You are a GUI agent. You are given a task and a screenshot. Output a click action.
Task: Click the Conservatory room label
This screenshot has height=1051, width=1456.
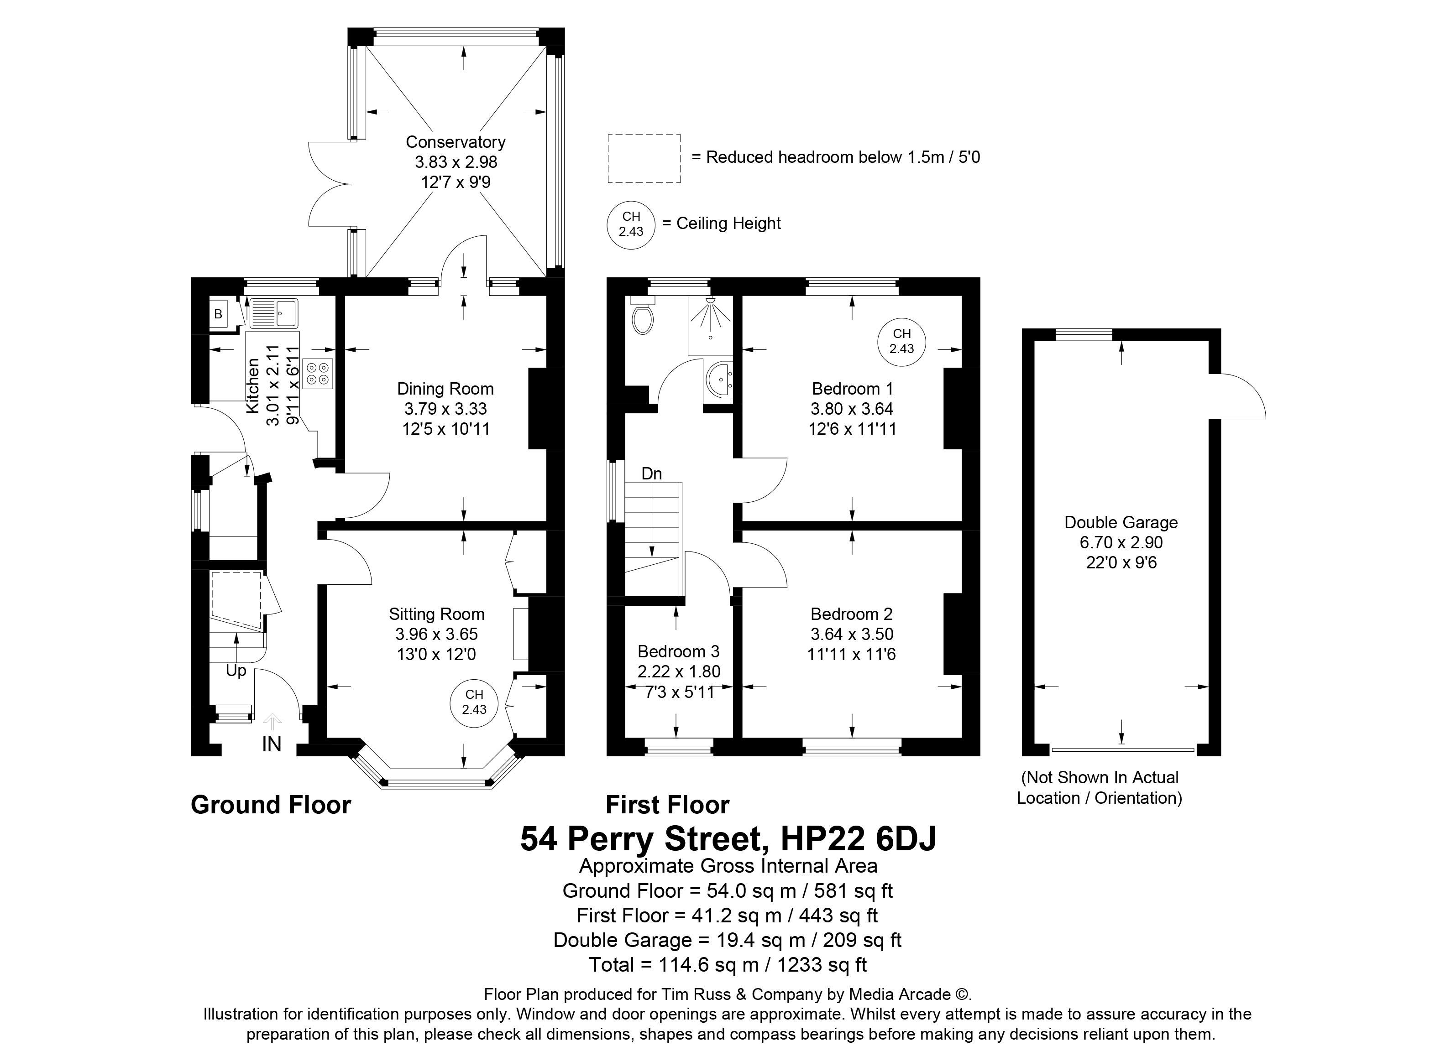click(x=456, y=142)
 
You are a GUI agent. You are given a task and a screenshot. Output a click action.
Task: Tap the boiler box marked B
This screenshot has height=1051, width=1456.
click(x=218, y=314)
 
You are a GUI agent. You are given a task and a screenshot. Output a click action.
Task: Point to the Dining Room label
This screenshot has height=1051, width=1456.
click(x=445, y=389)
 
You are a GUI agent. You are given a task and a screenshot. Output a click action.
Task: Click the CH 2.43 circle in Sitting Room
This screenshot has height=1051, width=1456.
click(x=474, y=702)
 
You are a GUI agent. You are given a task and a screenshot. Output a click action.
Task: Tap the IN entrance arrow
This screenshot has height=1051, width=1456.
click(x=272, y=721)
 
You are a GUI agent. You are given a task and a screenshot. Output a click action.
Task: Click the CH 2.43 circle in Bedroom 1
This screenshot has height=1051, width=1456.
click(x=902, y=341)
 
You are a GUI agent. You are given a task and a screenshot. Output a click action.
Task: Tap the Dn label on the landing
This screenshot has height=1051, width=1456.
click(x=652, y=473)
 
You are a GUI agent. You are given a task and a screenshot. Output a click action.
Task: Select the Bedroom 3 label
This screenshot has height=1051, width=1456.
click(x=679, y=652)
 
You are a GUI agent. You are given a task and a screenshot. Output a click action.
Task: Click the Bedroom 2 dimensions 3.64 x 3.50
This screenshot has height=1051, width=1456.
click(x=852, y=634)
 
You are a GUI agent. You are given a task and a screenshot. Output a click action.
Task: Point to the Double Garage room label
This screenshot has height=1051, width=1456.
click(x=1121, y=522)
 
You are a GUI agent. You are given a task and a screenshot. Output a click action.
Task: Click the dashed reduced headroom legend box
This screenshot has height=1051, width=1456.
click(x=644, y=158)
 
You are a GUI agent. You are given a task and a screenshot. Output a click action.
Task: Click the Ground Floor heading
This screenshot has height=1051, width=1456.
click(x=271, y=805)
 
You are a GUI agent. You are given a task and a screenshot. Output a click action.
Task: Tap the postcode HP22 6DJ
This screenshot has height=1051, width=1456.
click(x=859, y=838)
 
